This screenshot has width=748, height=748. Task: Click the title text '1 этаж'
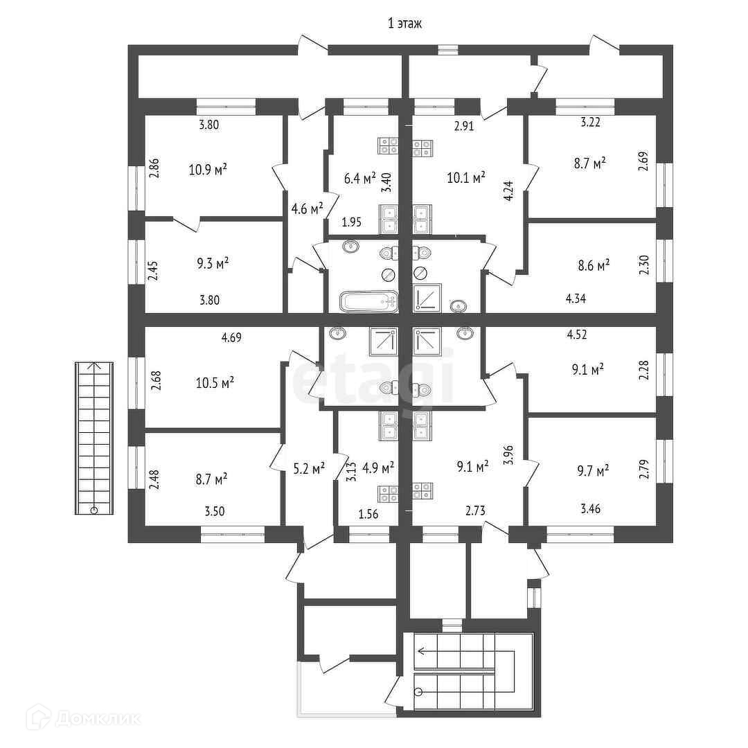(x=405, y=24)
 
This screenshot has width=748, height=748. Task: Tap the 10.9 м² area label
(x=208, y=169)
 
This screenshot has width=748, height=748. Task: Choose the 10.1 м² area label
(x=465, y=177)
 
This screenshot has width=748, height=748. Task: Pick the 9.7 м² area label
(x=592, y=471)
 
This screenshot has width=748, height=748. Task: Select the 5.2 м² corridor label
(x=308, y=469)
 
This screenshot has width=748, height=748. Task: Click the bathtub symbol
(x=369, y=301)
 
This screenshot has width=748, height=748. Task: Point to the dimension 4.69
(x=232, y=338)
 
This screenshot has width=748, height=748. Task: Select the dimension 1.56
(x=368, y=513)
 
